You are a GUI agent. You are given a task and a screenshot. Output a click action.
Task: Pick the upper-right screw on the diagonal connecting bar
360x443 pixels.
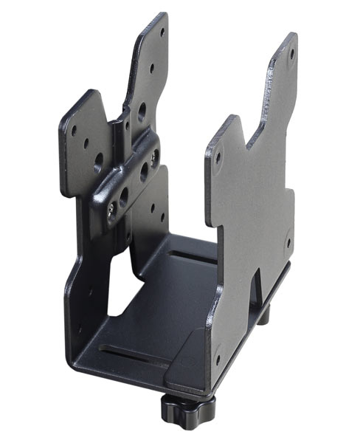click(x=155, y=157)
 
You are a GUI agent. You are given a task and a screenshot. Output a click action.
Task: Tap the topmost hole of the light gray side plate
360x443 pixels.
click(x=292, y=53)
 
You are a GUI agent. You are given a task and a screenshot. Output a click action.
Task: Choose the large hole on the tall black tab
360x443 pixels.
click(x=142, y=111)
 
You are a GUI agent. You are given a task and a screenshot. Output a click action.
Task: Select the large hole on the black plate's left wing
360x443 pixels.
click(x=100, y=159)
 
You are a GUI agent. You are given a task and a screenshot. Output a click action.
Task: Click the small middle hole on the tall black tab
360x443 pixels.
click(x=152, y=68)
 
